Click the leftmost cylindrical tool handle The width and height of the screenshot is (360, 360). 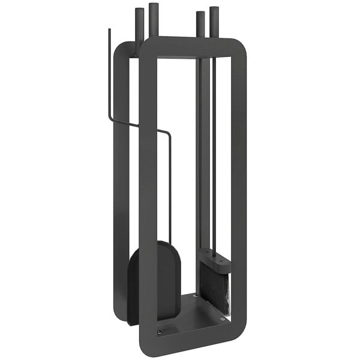tap(139, 24)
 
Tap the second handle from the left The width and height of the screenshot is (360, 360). tap(153, 21)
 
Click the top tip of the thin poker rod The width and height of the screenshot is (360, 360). tap(109, 29)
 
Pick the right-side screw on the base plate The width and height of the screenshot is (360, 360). tap(223, 319)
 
